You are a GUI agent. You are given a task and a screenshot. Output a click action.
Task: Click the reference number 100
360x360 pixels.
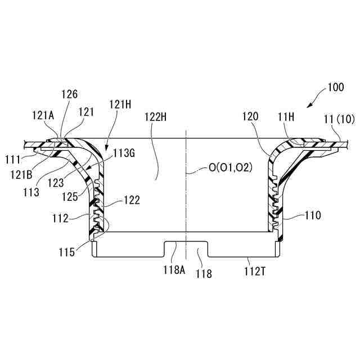click(335, 88)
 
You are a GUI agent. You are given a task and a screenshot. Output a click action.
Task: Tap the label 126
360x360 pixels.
click(71, 94)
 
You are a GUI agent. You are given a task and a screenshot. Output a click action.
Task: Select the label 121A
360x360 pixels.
click(43, 116)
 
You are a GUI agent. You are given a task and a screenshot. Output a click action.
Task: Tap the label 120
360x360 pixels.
click(251, 117)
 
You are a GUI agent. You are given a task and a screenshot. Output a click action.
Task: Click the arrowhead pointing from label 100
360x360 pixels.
click(308, 107)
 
